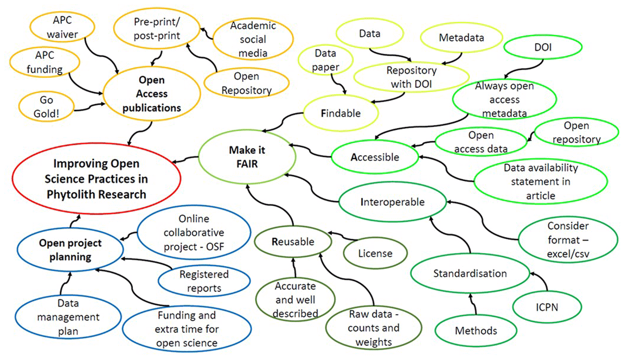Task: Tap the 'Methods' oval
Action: coord(476,330)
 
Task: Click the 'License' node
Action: coord(375,254)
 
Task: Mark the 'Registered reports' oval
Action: coord(201,280)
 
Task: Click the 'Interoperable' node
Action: coord(393,202)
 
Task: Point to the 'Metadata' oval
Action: coord(461,38)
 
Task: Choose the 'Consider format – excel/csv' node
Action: coord(568,240)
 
